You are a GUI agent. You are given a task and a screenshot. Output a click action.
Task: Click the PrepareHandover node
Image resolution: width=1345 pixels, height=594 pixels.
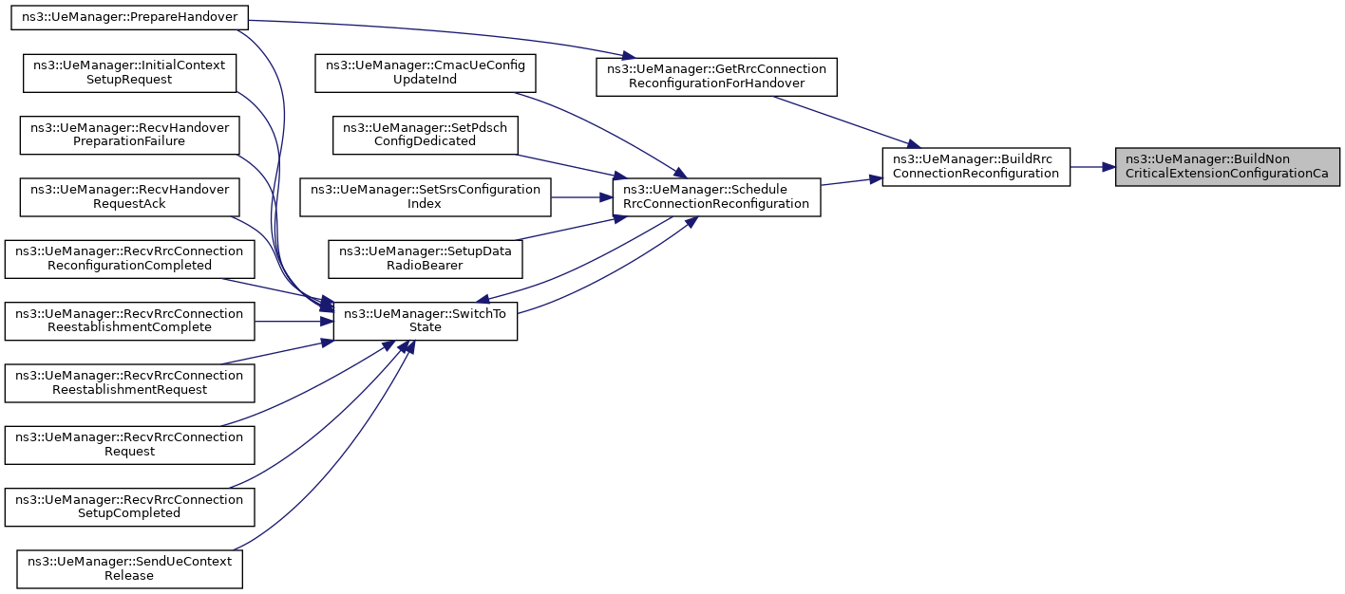click(129, 17)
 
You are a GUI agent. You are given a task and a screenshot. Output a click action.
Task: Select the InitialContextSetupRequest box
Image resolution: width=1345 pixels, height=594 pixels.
click(129, 72)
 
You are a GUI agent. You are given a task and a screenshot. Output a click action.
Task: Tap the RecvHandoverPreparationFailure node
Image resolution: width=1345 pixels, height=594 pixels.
click(129, 134)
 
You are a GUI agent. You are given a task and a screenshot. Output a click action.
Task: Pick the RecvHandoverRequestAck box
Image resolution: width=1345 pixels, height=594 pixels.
click(129, 196)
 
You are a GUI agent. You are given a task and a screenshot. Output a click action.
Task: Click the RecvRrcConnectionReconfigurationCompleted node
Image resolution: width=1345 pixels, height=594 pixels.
click(129, 258)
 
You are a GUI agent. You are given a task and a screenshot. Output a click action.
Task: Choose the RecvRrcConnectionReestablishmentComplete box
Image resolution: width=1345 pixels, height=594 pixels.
click(129, 320)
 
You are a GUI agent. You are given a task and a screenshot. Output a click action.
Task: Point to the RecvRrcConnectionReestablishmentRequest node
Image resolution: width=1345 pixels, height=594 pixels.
click(129, 382)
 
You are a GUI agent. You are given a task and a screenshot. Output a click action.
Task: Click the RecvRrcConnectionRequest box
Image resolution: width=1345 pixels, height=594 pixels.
click(129, 444)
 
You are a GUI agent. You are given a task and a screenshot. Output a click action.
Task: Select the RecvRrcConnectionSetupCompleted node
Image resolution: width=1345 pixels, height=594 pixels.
click(129, 506)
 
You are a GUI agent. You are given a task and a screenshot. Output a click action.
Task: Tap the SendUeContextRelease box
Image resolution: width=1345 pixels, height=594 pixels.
click(129, 568)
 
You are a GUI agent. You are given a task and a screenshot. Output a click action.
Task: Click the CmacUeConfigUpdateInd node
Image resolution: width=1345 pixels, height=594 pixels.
click(425, 72)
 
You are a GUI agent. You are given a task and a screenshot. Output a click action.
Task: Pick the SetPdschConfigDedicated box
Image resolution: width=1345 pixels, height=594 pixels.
click(425, 134)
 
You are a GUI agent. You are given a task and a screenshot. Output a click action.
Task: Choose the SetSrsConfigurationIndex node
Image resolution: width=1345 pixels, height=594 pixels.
click(425, 196)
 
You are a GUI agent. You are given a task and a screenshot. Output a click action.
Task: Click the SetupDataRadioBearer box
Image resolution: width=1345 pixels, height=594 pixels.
click(425, 258)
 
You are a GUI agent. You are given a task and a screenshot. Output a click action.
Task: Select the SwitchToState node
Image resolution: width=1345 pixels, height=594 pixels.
click(425, 320)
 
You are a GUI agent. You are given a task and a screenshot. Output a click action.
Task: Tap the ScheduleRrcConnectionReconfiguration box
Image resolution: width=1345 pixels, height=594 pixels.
click(715, 196)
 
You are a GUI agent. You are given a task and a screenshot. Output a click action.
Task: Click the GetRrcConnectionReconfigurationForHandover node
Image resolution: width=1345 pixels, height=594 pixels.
click(715, 76)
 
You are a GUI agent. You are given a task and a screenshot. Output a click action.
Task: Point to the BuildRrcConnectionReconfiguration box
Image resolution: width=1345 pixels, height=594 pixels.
click(976, 166)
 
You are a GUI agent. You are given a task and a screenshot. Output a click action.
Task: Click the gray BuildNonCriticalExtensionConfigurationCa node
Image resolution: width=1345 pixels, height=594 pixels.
click(1226, 166)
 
